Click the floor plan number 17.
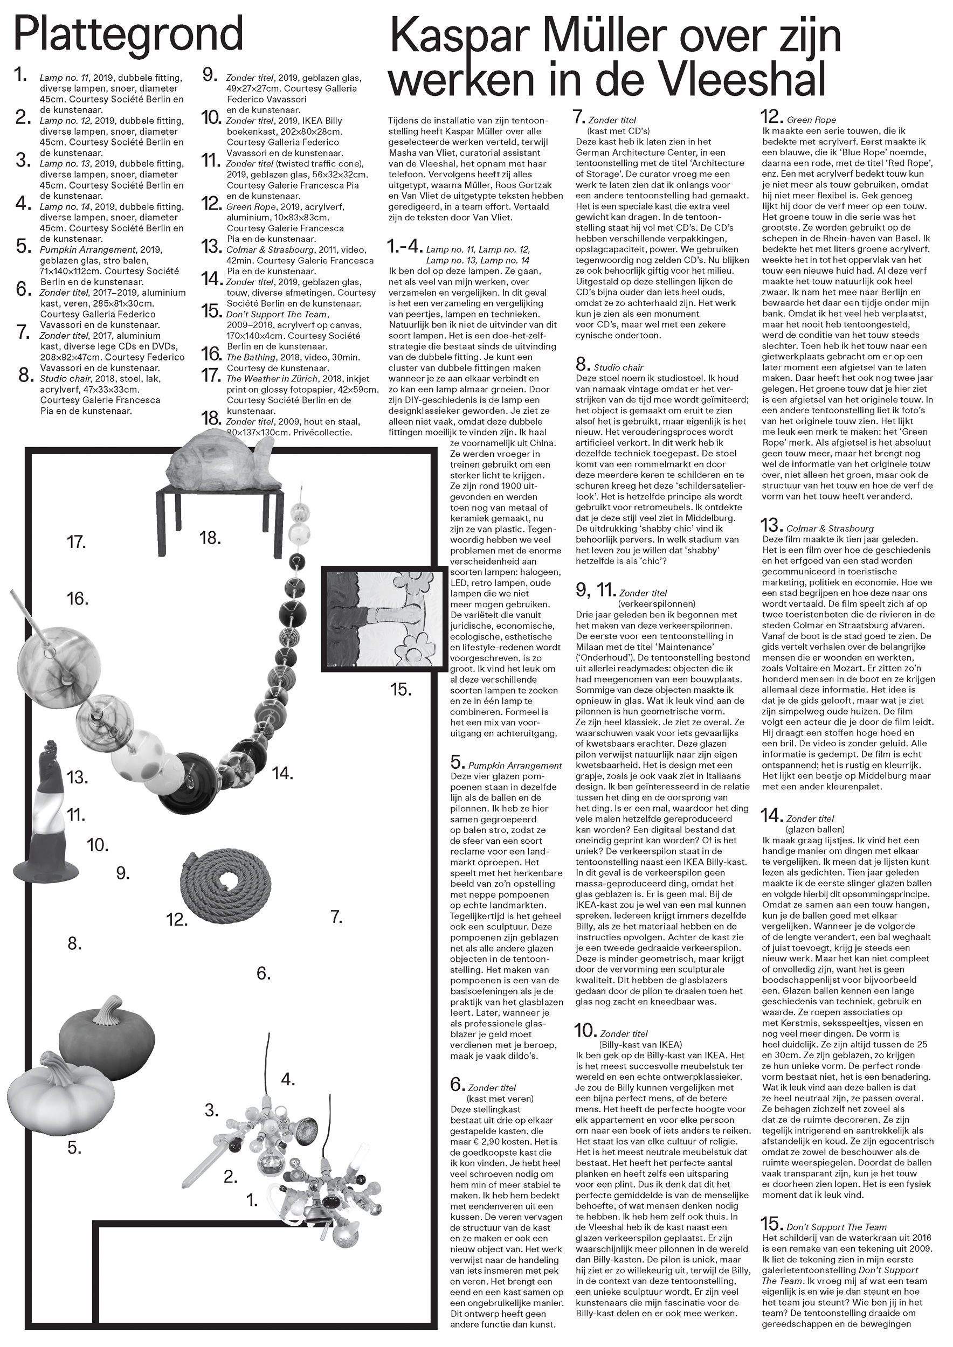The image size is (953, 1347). [77, 541]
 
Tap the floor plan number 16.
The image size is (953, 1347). [78, 599]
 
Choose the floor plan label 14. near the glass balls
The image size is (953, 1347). [282, 774]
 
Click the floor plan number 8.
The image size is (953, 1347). [74, 943]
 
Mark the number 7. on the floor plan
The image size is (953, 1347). [336, 916]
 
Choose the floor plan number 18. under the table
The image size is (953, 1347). [210, 537]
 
